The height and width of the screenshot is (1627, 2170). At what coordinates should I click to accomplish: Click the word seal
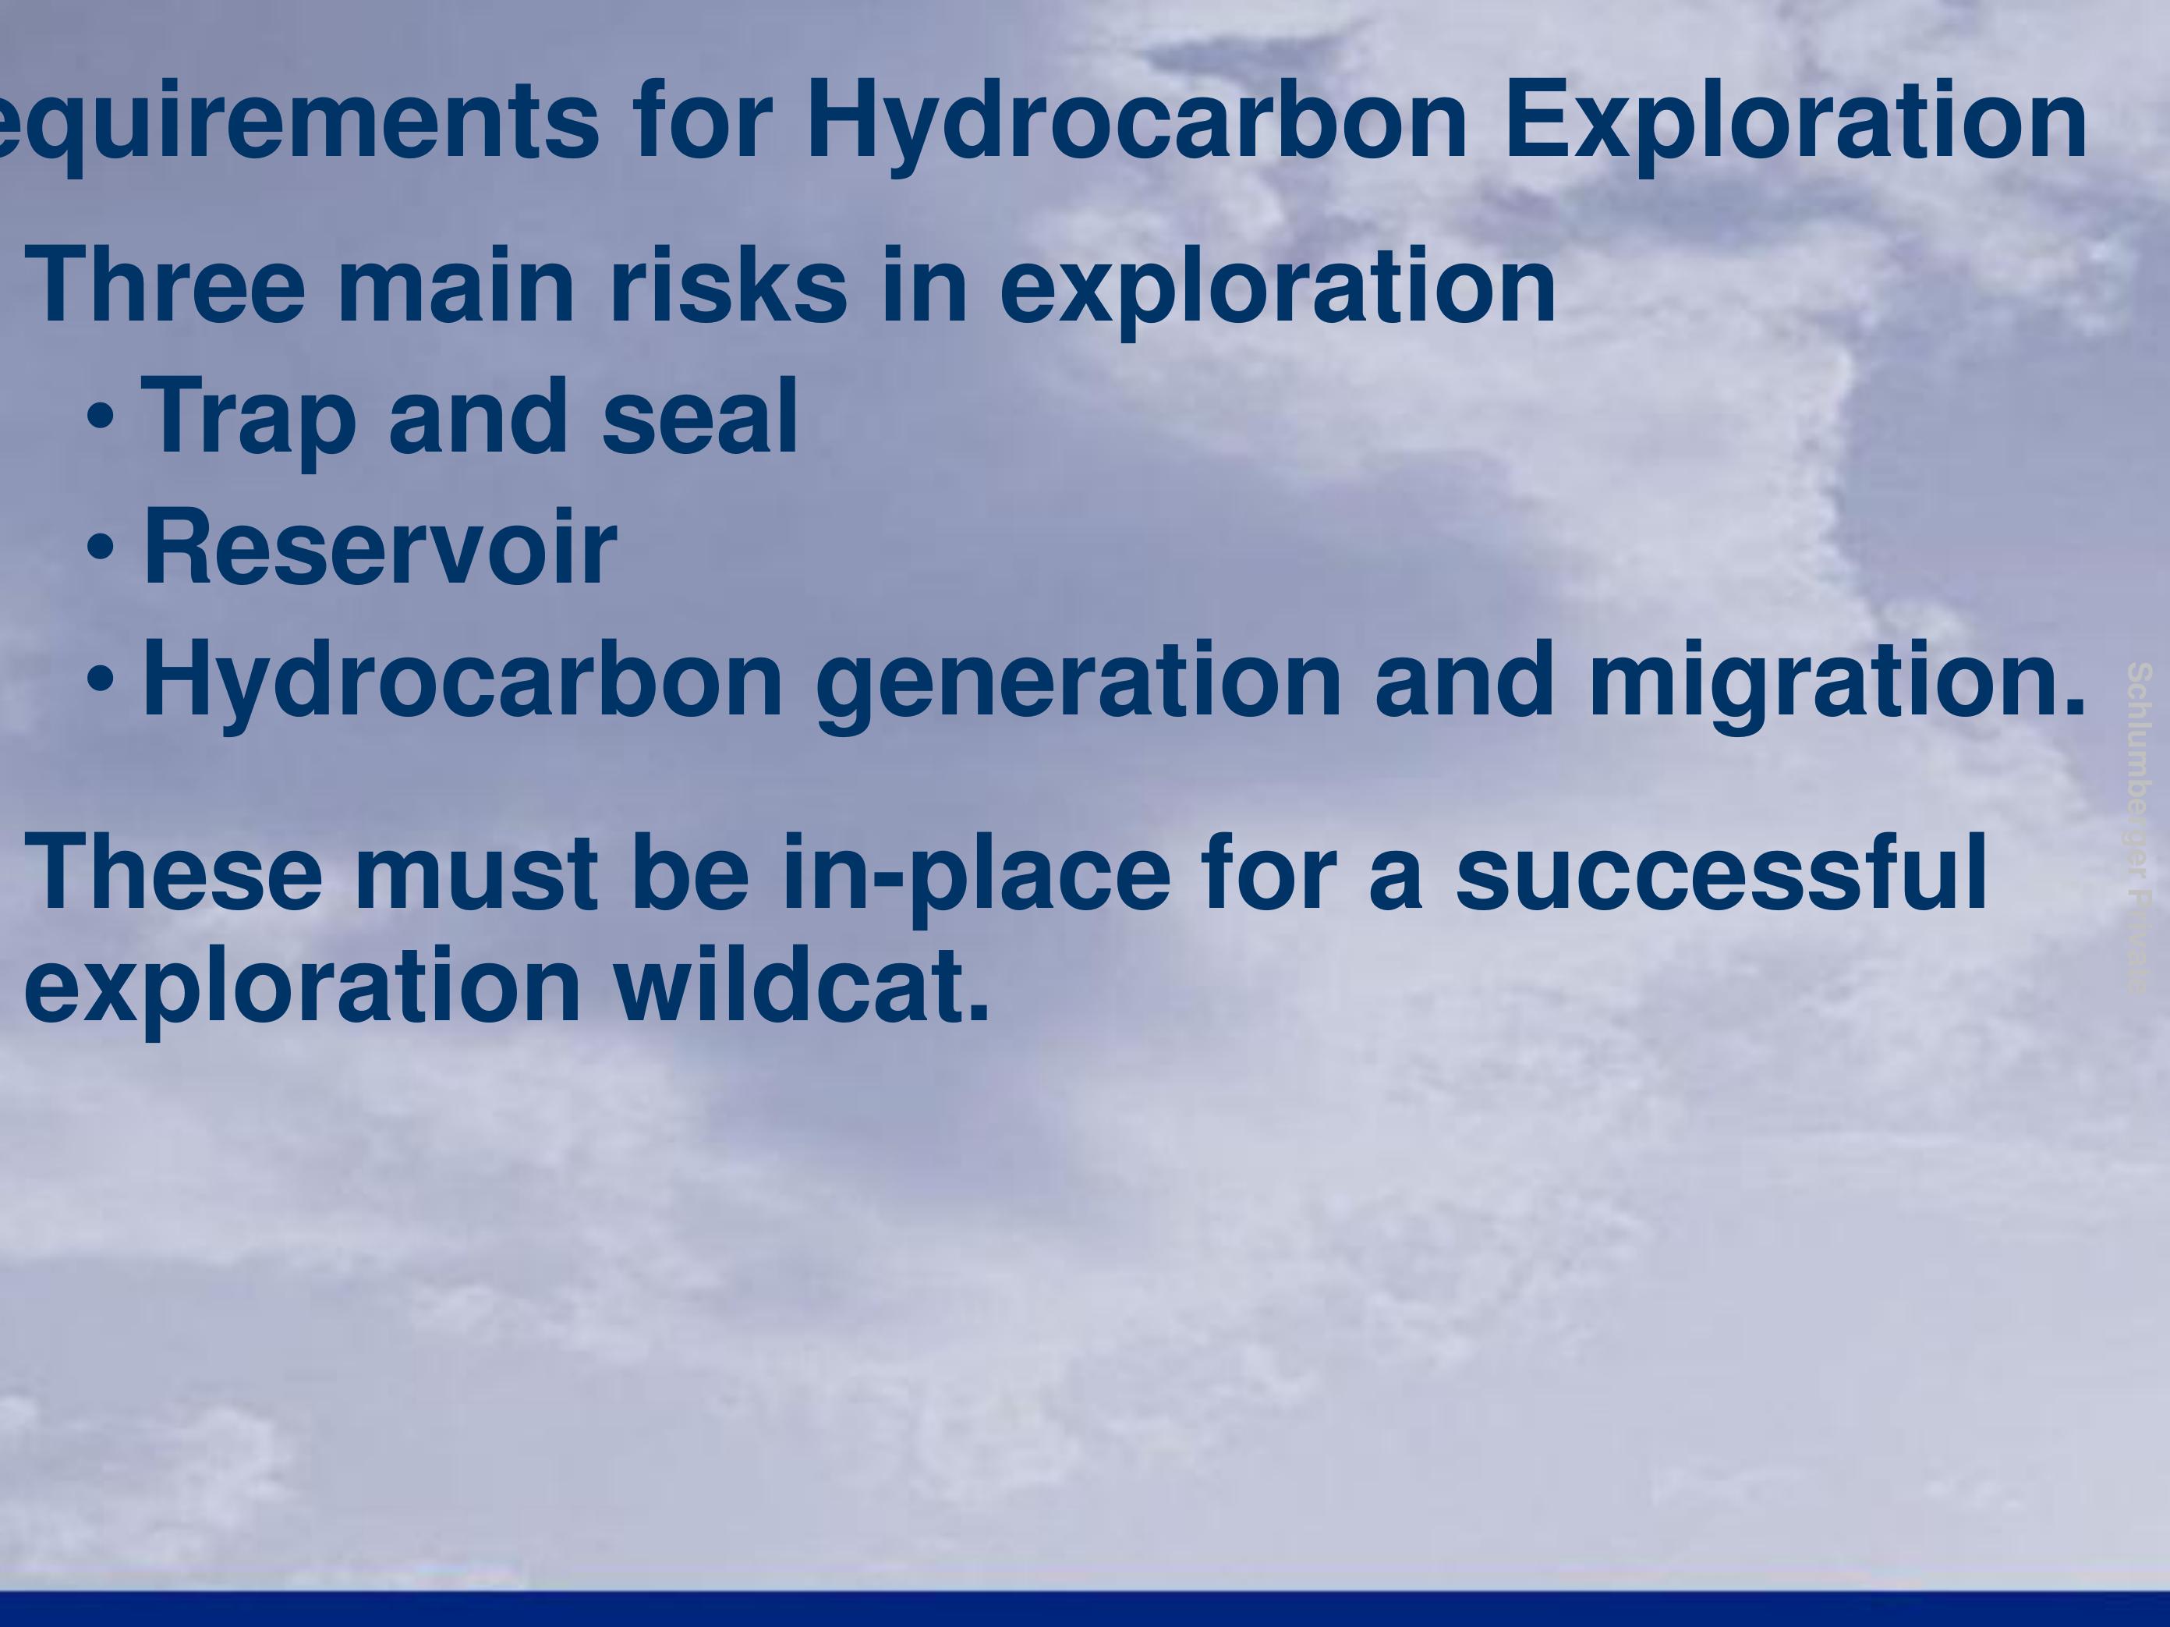pos(699,418)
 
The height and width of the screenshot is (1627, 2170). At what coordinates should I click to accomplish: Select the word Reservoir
pos(380,548)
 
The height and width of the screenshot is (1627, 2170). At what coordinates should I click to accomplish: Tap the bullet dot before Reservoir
pos(101,548)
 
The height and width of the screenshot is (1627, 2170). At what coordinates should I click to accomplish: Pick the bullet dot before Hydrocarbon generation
pos(101,679)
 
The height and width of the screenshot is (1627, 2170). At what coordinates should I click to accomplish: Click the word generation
pos(1077,681)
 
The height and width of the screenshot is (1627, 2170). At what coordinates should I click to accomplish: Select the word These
pos(172,872)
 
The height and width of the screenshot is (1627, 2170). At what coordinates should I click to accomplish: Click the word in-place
pos(976,872)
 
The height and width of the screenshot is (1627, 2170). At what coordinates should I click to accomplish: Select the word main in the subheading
pos(455,286)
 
